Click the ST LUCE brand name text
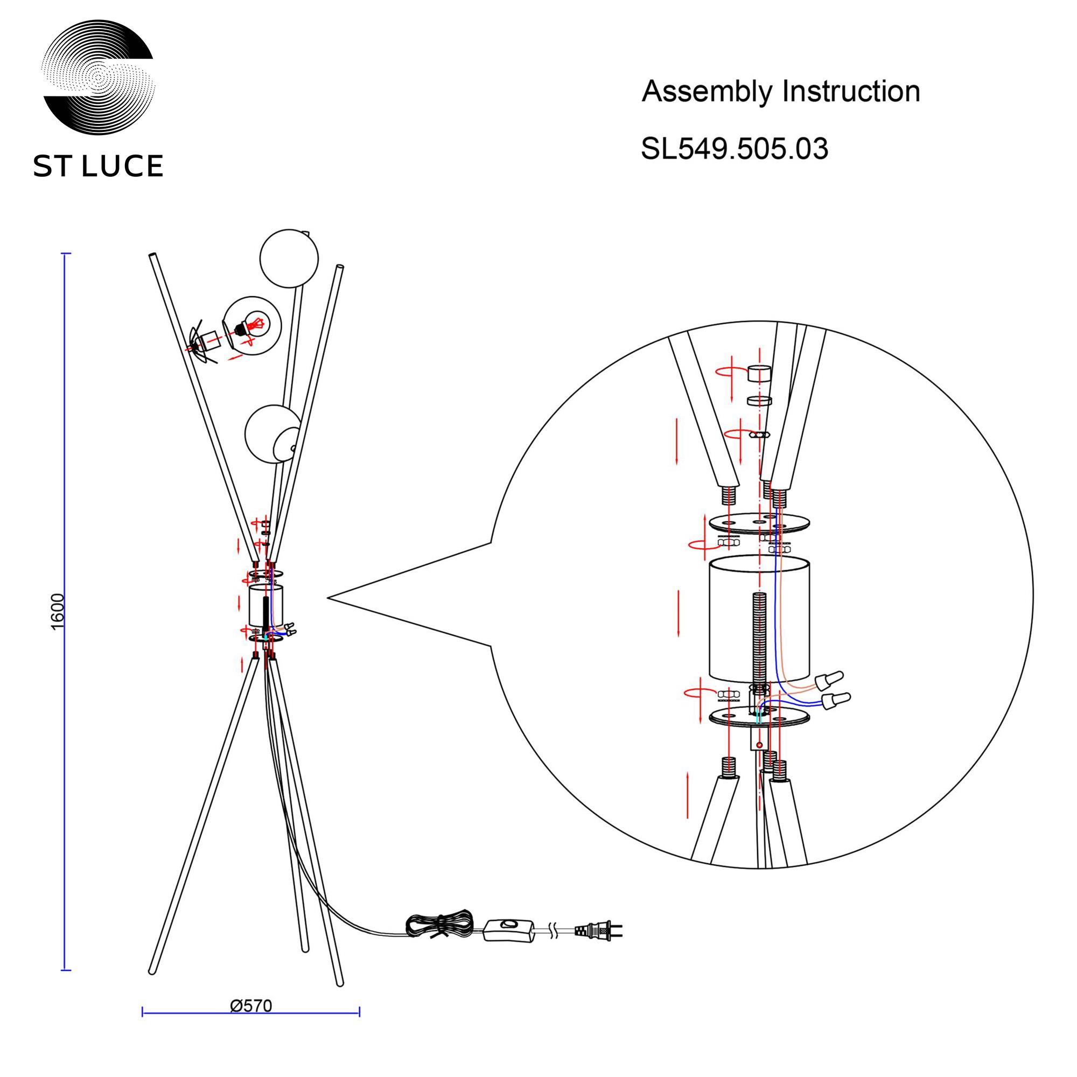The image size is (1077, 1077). click(98, 166)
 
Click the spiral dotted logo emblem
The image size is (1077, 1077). click(99, 78)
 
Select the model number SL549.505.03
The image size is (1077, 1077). click(734, 149)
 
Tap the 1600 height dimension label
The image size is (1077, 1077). click(58, 612)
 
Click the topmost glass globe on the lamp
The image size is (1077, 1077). click(289, 258)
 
